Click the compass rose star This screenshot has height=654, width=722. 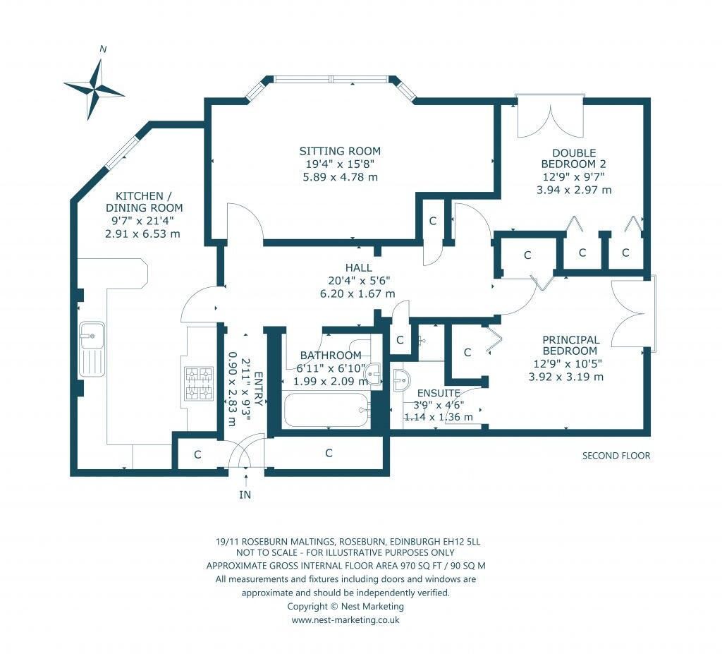pos(95,90)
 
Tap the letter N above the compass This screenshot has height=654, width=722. pos(103,49)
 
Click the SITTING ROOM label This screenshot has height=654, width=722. pos(340,151)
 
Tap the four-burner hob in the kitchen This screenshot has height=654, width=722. pos(200,384)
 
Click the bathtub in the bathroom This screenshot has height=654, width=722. pos(327,410)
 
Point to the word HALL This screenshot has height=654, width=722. pos(359,268)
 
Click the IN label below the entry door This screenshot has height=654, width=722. pos(245,495)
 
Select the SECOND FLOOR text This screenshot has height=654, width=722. pos(616,456)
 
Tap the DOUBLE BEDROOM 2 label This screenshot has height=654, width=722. pos(574,158)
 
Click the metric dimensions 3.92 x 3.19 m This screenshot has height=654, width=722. pos(566,377)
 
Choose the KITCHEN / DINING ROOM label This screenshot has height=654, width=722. pos(144,202)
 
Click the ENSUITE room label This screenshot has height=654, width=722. pos(439,393)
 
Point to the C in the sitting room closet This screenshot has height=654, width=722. pos(433,222)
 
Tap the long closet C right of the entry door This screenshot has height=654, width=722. pos(329,454)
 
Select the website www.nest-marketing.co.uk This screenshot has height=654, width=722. pos(345,620)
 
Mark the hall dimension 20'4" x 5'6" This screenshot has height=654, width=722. pos(359,281)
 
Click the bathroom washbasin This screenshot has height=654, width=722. pos(374,373)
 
